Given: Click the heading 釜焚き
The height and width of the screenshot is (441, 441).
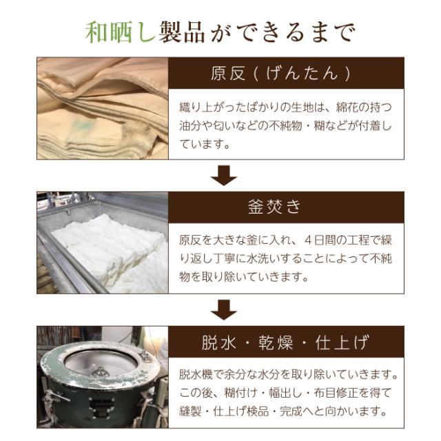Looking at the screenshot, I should point(283,207).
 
